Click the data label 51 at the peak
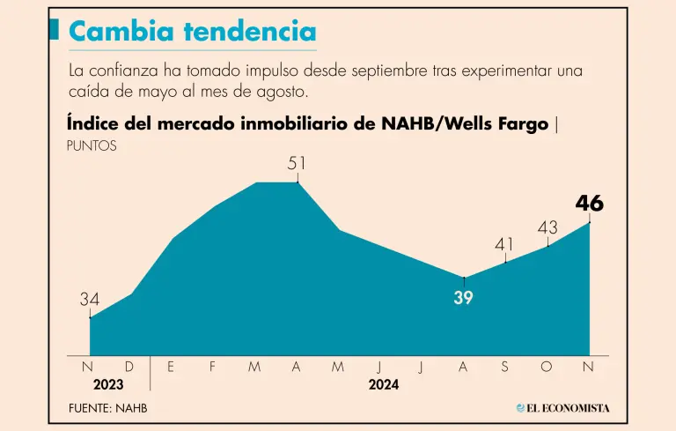coord(298,163)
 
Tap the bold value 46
coord(589,204)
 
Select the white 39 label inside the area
coord(463,298)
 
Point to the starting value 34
coord(90,300)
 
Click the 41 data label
coord(505,244)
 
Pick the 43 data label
coord(547,227)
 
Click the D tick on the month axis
coord(129,367)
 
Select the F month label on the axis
coord(212,367)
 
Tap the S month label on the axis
coord(504,367)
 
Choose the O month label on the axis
coord(547,367)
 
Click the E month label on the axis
coord(171,367)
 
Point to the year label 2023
coord(109,384)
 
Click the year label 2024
coord(383,384)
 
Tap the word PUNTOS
coord(92,145)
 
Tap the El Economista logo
coord(563,408)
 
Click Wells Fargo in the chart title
coord(497,123)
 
